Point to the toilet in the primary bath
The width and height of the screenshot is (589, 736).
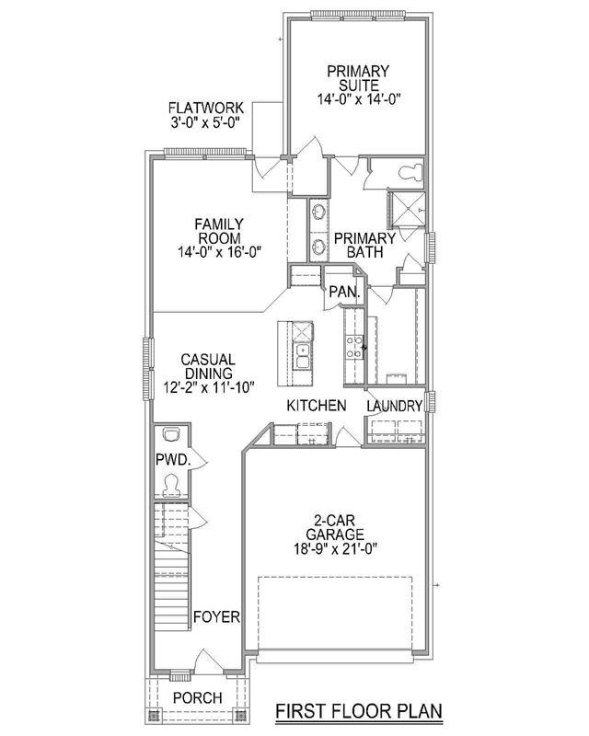[410, 172]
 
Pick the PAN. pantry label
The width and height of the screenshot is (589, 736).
[344, 292]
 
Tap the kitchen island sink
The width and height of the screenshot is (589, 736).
[302, 356]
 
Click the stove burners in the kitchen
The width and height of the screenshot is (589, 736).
[353, 347]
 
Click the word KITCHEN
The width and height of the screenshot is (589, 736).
[317, 406]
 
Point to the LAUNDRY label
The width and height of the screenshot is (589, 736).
[395, 407]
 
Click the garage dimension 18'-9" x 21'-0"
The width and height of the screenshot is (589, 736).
[336, 548]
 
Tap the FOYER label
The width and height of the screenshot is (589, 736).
[216, 616]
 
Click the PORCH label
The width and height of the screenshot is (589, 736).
[197, 698]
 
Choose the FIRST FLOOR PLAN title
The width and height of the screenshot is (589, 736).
[359, 710]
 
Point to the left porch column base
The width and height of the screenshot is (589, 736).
[152, 717]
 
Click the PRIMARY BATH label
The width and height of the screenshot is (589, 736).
[364, 245]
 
